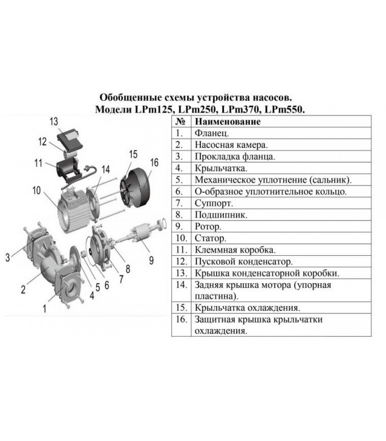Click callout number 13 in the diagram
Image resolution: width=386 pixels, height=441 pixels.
tap(54, 121)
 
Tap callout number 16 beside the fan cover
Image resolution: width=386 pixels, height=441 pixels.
tap(154, 163)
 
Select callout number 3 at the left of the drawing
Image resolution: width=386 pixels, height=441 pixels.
tap(8, 258)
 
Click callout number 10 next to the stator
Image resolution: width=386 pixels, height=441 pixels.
tap(36, 190)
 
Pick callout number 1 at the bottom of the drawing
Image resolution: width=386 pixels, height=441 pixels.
tap(44, 309)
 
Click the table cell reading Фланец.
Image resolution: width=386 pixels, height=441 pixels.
tap(211, 133)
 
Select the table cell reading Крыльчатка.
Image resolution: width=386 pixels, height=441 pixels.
tap(221, 168)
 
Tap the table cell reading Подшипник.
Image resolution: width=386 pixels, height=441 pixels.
tap(221, 215)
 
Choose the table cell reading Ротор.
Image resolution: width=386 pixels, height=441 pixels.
tap(208, 227)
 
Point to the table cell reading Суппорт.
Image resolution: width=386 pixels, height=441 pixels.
tap(214, 203)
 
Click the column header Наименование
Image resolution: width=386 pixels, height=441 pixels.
tap(227, 122)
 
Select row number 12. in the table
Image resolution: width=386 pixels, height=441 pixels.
tap(181, 261)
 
